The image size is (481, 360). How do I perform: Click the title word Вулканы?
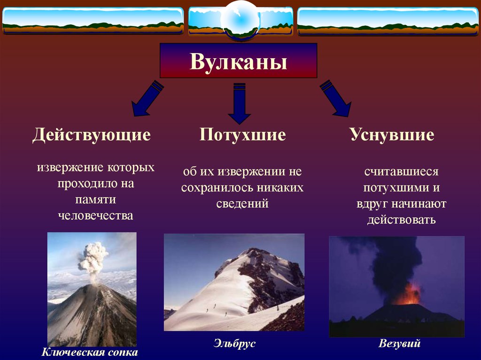[x=238, y=61]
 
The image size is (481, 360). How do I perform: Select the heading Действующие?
[x=92, y=135]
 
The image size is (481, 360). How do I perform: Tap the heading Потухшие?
[x=242, y=134]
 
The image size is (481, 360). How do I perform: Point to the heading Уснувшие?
[x=392, y=134]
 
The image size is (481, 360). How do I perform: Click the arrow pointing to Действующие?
[x=147, y=99]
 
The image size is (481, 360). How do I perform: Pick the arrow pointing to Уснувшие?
[x=335, y=99]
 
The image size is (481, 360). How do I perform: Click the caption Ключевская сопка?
[x=90, y=352]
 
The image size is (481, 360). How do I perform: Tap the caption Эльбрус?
[x=235, y=343]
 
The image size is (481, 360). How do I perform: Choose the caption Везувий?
[x=399, y=343]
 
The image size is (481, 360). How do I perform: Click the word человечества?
[x=96, y=215]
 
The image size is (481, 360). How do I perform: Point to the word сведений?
[x=242, y=204]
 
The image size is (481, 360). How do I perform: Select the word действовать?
[x=402, y=220]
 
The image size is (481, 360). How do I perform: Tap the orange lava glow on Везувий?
[x=407, y=295]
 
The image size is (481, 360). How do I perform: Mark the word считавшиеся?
[x=402, y=172]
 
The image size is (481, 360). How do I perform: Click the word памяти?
[x=96, y=199]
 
